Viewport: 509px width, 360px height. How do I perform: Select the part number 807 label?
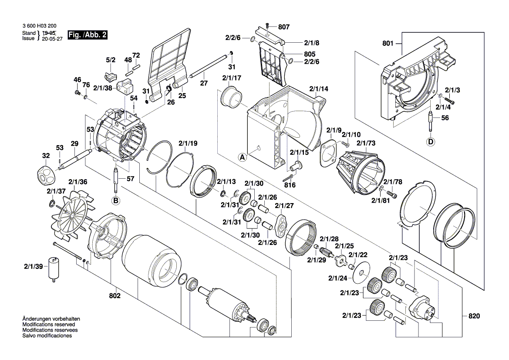coord(284,27)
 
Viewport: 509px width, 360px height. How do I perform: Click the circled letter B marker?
coord(116,200)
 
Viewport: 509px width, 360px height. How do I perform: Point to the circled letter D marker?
coord(431,141)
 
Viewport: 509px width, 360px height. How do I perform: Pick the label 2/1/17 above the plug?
coord(232,78)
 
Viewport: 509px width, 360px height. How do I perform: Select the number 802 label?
coord(115,295)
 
